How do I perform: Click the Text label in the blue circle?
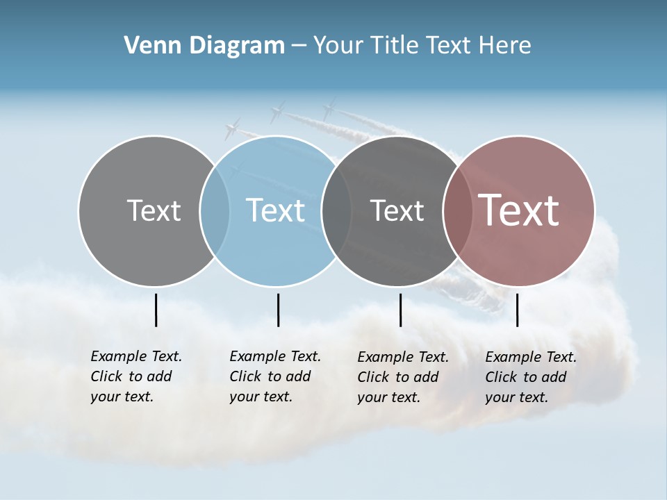tap(276, 210)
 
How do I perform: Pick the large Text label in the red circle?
tap(519, 210)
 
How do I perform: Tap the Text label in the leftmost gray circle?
tap(154, 210)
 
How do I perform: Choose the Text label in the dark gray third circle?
tap(397, 210)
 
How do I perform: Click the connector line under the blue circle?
tap(278, 310)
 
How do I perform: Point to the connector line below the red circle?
tap(518, 310)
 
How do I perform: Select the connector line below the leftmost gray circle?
tap(156, 310)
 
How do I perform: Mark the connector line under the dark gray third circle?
tap(400, 310)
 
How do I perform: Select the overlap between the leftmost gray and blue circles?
tap(215, 211)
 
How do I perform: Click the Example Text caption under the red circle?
tap(531, 377)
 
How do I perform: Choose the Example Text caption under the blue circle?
tap(275, 376)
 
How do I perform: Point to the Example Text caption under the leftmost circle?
tap(136, 376)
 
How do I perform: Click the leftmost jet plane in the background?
tap(232, 128)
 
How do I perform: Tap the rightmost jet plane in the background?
tap(328, 109)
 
